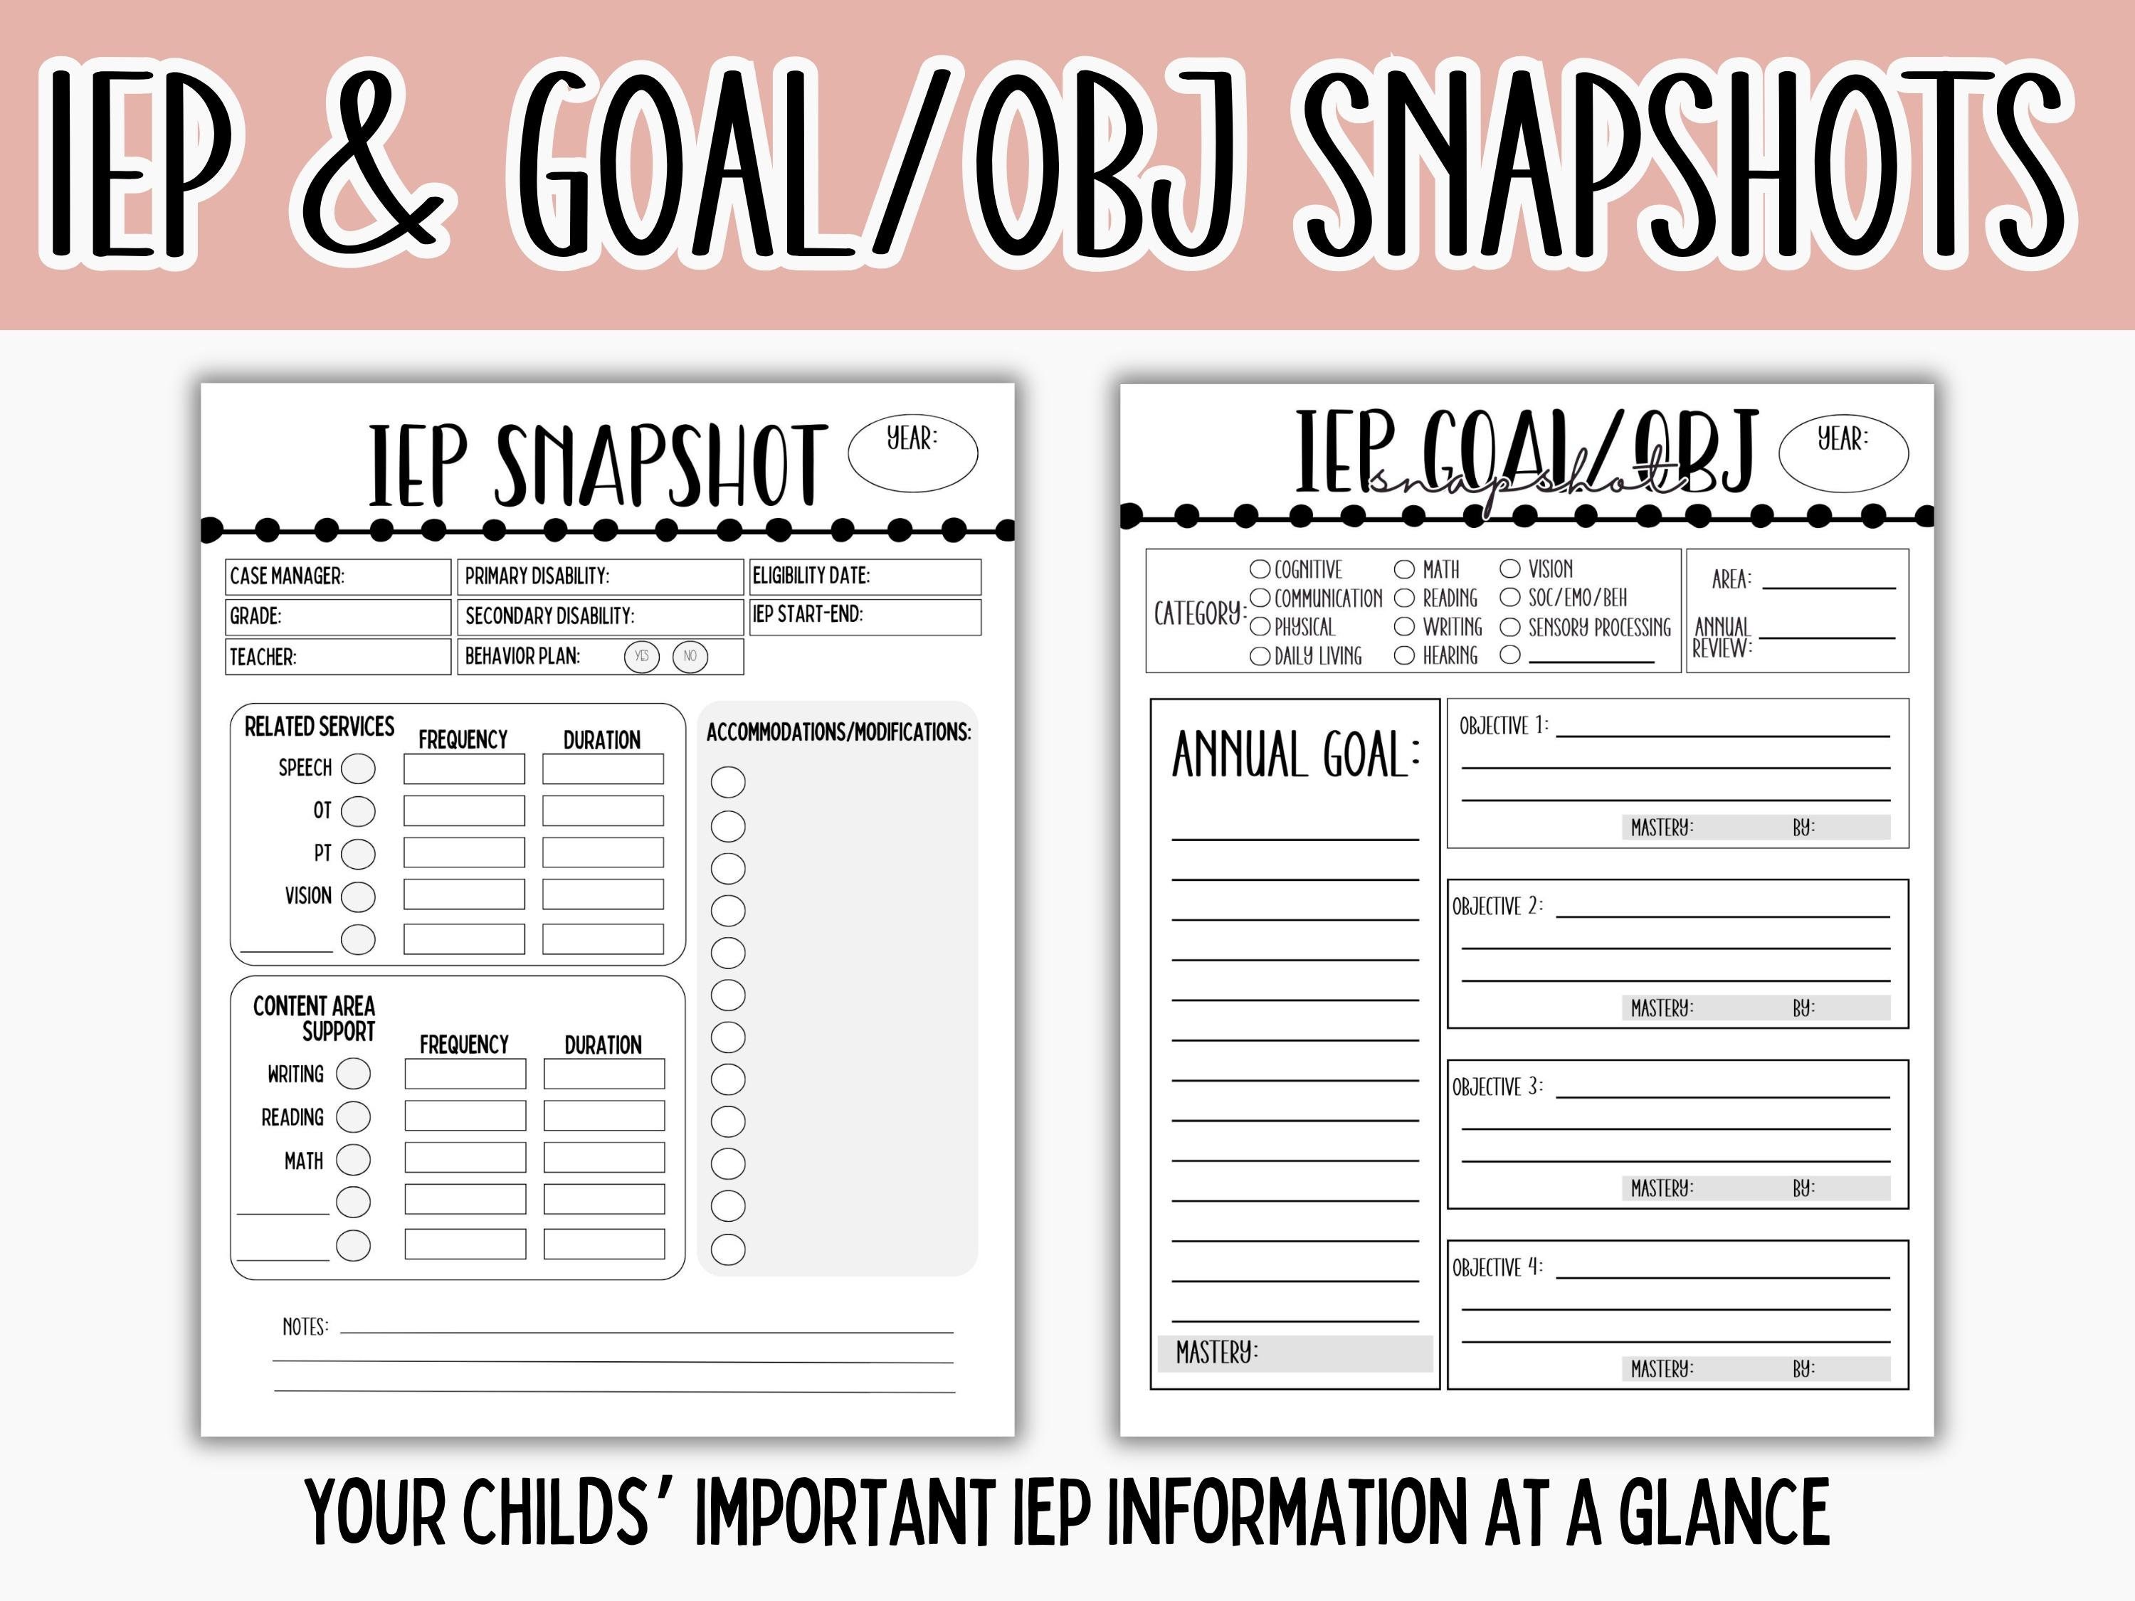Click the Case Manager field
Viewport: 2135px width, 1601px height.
pyautogui.click(x=338, y=576)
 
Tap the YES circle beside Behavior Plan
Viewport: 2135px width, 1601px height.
pyautogui.click(x=642, y=656)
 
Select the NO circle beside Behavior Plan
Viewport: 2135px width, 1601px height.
pyautogui.click(x=690, y=656)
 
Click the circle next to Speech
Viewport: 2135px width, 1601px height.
pyautogui.click(x=359, y=768)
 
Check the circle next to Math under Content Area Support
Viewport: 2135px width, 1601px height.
pyautogui.click(x=353, y=1160)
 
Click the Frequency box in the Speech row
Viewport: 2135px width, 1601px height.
pyautogui.click(x=464, y=769)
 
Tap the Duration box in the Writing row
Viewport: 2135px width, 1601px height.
pyautogui.click(x=603, y=1073)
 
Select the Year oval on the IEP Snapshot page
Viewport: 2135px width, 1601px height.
pyautogui.click(x=912, y=453)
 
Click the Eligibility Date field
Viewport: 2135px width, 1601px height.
pyautogui.click(x=865, y=576)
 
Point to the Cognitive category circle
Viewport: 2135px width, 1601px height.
pyautogui.click(x=1260, y=569)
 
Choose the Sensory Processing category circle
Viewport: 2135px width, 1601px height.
pyautogui.click(x=1509, y=628)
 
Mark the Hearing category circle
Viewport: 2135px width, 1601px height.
pyautogui.click(x=1404, y=656)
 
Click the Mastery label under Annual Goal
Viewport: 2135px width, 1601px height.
pyautogui.click(x=1216, y=1353)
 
